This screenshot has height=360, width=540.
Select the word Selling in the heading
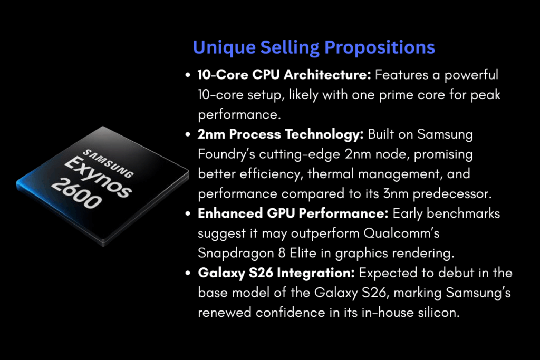[x=291, y=47]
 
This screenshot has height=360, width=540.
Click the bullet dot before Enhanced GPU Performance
[x=188, y=214]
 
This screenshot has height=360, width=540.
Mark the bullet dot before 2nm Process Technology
[x=188, y=135]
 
